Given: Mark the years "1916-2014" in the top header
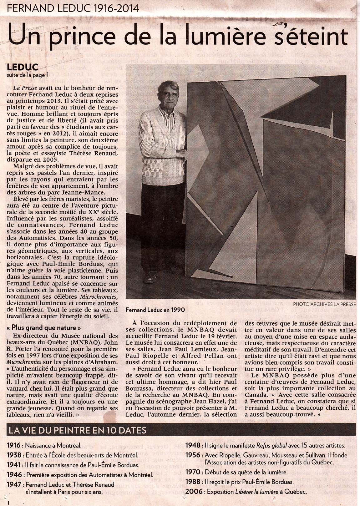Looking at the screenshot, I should pos(115,8).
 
